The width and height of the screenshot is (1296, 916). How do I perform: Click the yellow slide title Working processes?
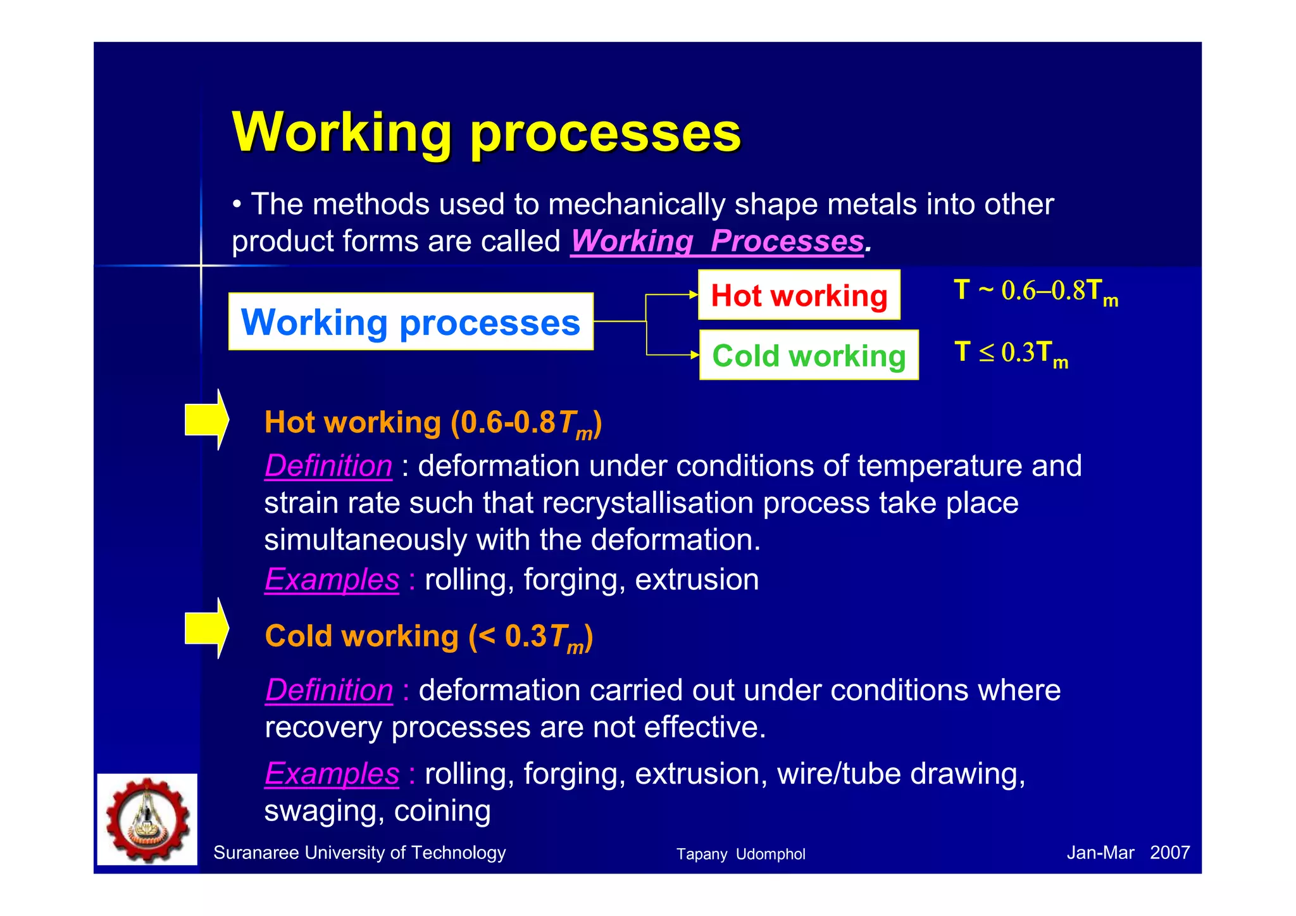(486, 133)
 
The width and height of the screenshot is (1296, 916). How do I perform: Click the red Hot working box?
(799, 296)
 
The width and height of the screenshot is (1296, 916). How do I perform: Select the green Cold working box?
(808, 356)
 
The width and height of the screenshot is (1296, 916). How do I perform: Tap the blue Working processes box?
(411, 322)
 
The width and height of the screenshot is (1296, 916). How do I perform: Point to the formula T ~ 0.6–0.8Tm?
(1035, 291)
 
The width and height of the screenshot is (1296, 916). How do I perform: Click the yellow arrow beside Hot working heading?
(206, 420)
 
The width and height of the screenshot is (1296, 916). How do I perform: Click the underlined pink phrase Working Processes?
(716, 241)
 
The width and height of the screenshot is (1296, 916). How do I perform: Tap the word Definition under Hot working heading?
(328, 466)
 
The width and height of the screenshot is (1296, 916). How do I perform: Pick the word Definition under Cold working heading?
(329, 690)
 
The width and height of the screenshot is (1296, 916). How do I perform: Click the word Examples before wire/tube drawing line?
(332, 774)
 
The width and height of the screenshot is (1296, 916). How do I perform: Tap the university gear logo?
(147, 819)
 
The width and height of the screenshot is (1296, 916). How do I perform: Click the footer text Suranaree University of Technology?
(359, 853)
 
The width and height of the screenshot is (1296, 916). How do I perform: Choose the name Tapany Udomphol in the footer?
(740, 854)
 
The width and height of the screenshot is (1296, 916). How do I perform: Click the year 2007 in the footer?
(1169, 853)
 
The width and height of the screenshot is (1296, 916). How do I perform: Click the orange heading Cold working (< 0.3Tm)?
(428, 636)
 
